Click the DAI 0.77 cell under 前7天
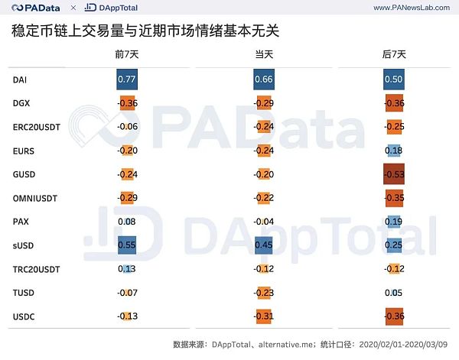point(126,79)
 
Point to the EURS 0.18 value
point(393,150)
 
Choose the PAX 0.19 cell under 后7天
point(393,221)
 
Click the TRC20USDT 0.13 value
point(127,268)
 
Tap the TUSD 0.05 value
point(393,292)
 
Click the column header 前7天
point(126,55)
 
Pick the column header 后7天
point(393,55)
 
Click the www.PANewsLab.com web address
point(409,8)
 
